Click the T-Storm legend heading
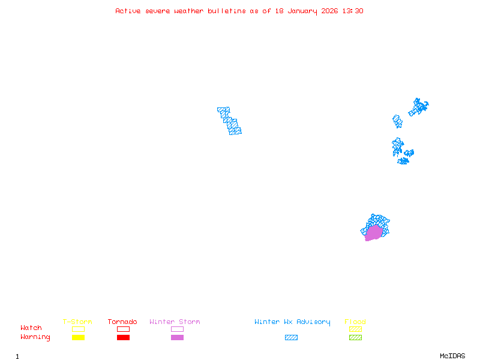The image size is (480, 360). (77, 322)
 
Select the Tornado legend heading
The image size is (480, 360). (122, 322)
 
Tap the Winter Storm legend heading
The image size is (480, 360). (175, 322)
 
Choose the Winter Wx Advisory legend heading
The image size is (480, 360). (292, 322)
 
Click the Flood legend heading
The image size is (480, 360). (355, 322)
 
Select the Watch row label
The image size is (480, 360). (31, 328)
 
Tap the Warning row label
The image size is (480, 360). (35, 337)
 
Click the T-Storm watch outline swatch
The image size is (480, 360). (78, 329)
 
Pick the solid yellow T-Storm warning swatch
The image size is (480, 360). (78, 338)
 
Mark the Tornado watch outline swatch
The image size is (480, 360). (123, 329)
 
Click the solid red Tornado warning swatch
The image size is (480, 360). (123, 338)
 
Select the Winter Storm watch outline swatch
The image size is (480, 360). (177, 329)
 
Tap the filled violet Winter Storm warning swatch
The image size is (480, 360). (177, 338)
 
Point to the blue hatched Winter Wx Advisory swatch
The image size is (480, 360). (291, 338)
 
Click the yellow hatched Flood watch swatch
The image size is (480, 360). (355, 329)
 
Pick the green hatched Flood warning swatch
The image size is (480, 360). (355, 338)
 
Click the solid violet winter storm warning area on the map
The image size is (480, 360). (374, 233)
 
